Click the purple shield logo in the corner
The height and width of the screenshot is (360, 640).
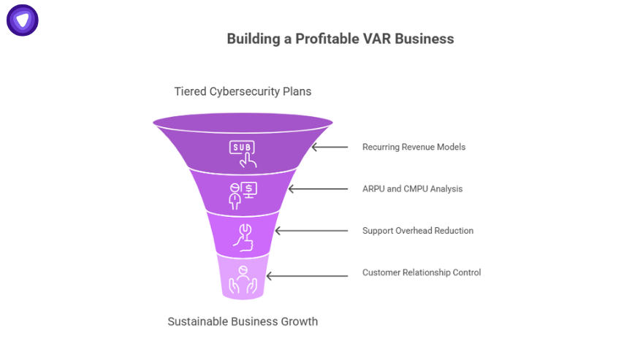pos(23,20)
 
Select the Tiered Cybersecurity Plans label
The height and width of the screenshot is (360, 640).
pos(243,91)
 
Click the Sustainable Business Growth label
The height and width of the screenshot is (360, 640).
pos(243,321)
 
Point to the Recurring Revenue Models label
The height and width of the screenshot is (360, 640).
pos(414,147)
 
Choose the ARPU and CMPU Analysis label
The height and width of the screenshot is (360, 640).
pos(412,188)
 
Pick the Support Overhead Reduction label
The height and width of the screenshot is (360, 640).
pos(418,231)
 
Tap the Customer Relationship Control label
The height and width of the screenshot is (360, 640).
pos(422,272)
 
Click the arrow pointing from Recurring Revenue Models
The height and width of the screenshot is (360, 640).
pos(330,147)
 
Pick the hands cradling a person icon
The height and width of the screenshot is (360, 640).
pos(243,277)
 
